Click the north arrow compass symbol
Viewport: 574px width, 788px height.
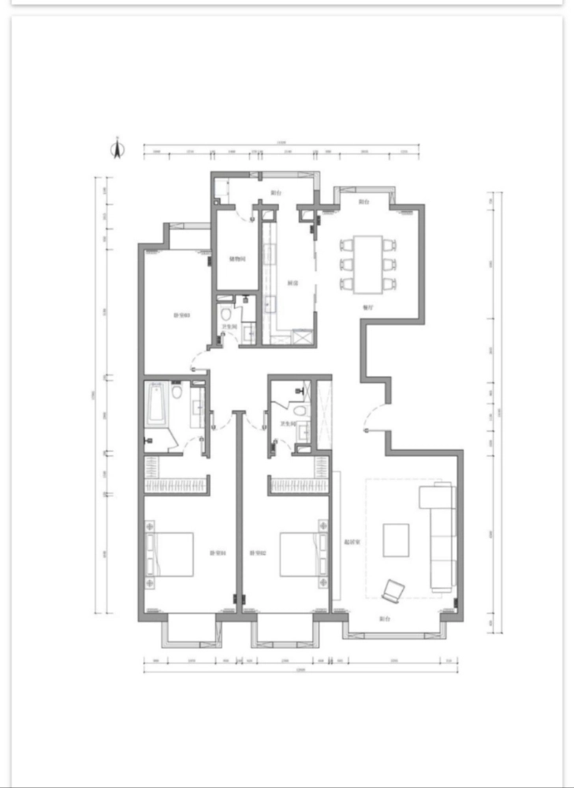tap(117, 147)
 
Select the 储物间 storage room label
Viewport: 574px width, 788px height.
tap(236, 258)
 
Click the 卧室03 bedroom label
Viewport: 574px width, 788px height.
tap(181, 315)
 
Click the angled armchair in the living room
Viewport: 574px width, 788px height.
tap(393, 589)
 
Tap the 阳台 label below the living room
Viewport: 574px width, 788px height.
tap(386, 619)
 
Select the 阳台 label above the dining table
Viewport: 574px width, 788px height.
tap(364, 202)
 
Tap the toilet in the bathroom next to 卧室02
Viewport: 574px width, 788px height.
tap(299, 411)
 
